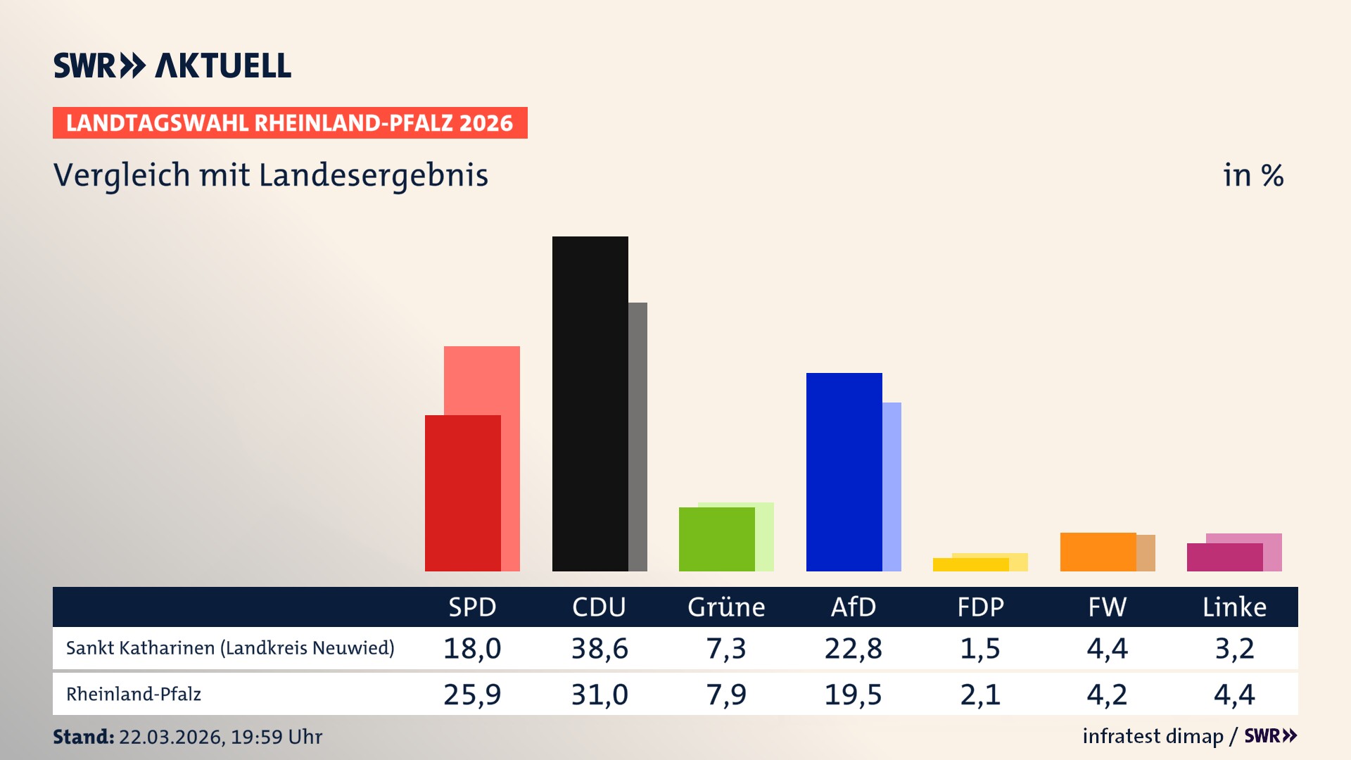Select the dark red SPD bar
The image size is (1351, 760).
(x=462, y=493)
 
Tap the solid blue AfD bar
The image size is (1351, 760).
(x=844, y=471)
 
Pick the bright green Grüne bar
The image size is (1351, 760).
(x=716, y=539)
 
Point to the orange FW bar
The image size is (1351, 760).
(x=1098, y=552)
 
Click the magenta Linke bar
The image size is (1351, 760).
(x=1224, y=557)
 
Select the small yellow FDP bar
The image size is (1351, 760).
(x=970, y=564)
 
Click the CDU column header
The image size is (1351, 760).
(x=599, y=607)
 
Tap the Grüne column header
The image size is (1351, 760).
(x=726, y=607)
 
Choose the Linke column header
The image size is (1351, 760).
(x=1234, y=607)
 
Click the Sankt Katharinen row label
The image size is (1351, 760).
(x=230, y=648)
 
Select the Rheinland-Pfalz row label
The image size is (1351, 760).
(x=134, y=695)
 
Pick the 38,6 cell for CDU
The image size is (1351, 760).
(x=599, y=648)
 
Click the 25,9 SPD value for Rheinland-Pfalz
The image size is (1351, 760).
(x=472, y=695)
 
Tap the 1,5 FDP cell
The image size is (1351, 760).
(x=980, y=648)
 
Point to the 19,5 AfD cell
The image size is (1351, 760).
(x=853, y=695)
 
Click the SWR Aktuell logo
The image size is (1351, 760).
(x=172, y=65)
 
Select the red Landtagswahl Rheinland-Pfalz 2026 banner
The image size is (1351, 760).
(x=290, y=123)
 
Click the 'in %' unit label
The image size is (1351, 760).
(x=1252, y=175)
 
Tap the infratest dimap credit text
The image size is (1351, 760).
(x=1153, y=736)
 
